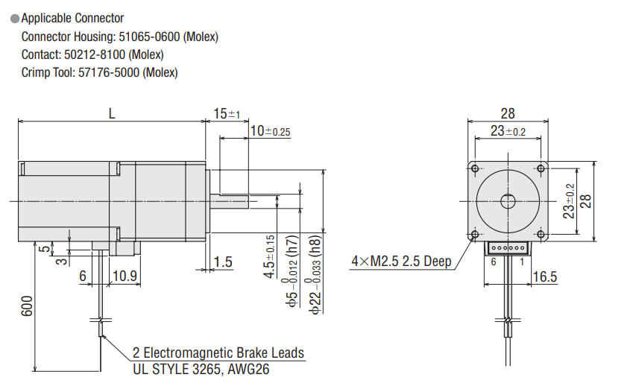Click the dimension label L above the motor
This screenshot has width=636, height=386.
pyautogui.click(x=113, y=113)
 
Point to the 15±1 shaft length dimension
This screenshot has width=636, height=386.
pyautogui.click(x=226, y=113)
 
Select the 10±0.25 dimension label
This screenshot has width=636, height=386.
pyautogui.click(x=269, y=131)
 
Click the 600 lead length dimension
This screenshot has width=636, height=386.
pyautogui.click(x=26, y=308)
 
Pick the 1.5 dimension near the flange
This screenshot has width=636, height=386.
pyautogui.click(x=222, y=262)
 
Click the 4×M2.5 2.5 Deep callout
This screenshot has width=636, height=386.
pyautogui.click(x=401, y=262)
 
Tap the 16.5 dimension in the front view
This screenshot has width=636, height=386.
pyautogui.click(x=546, y=276)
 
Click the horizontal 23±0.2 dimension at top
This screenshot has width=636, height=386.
pyautogui.click(x=508, y=131)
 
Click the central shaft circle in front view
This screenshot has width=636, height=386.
pyautogui.click(x=508, y=200)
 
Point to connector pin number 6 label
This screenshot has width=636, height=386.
pyautogui.click(x=492, y=262)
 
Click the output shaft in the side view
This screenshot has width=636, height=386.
pyautogui.click(x=232, y=200)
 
